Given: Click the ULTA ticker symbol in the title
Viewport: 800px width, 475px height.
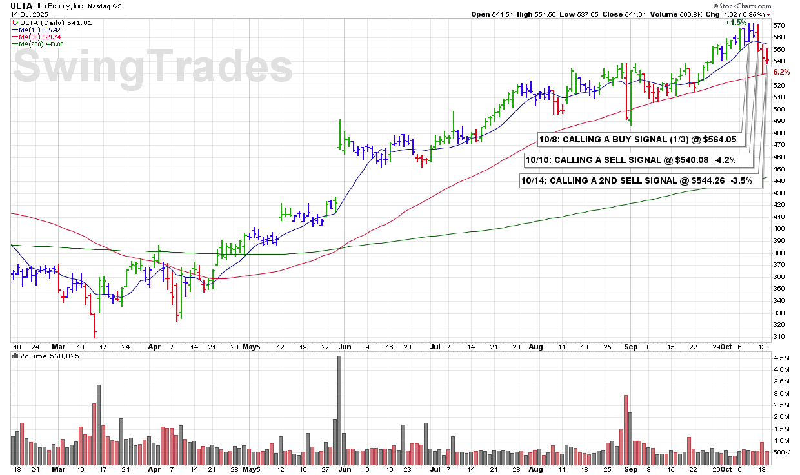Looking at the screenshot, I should pyautogui.click(x=21, y=5).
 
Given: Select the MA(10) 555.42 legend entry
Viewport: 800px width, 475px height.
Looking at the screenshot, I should pyautogui.click(x=46, y=30).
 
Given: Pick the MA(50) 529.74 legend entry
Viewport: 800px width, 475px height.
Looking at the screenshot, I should pyautogui.click(x=46, y=37).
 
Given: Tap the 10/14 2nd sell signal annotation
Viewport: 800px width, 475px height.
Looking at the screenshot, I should pyautogui.click(x=637, y=181).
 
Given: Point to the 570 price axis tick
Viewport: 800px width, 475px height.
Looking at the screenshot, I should pyautogui.click(x=778, y=26).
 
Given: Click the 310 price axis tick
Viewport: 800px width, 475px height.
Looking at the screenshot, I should pyautogui.click(x=778, y=337).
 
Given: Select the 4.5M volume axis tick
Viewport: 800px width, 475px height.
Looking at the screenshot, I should pyautogui.click(x=780, y=357).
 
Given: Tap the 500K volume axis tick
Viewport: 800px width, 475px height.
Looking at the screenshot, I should pyautogui.click(x=781, y=452).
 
